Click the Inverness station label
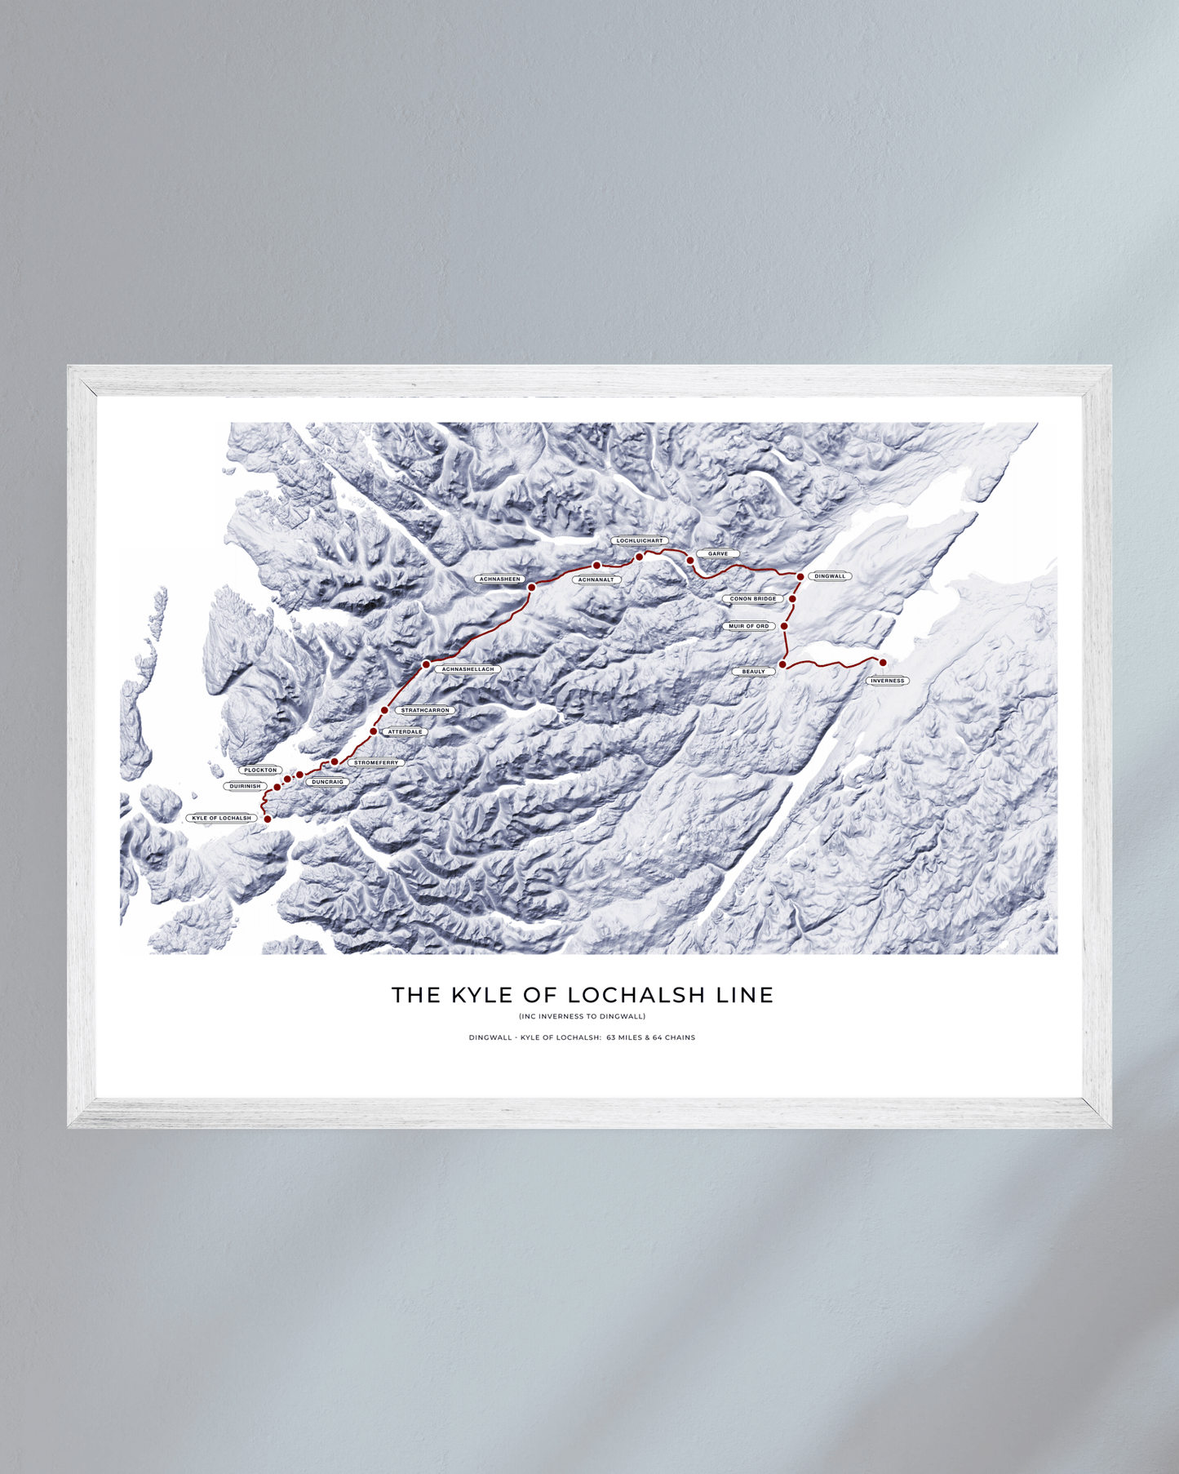click(x=887, y=681)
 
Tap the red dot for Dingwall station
click(x=800, y=577)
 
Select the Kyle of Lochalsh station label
click(x=222, y=818)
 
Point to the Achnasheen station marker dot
click(x=531, y=588)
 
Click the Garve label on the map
click(x=718, y=554)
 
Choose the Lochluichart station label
click(x=640, y=541)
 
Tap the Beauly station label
click(x=753, y=672)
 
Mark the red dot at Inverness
click(x=883, y=663)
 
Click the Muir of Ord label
click(x=748, y=627)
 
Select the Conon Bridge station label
click(x=752, y=599)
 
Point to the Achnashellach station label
click(x=468, y=669)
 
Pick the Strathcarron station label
click(x=425, y=711)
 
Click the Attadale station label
click(x=405, y=732)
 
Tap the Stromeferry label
click(x=376, y=763)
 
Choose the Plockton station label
click(x=260, y=770)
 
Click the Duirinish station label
click(x=245, y=787)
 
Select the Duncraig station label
click(x=327, y=782)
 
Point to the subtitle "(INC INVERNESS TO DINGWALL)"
click(x=582, y=1017)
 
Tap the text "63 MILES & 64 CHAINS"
click(x=650, y=1038)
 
